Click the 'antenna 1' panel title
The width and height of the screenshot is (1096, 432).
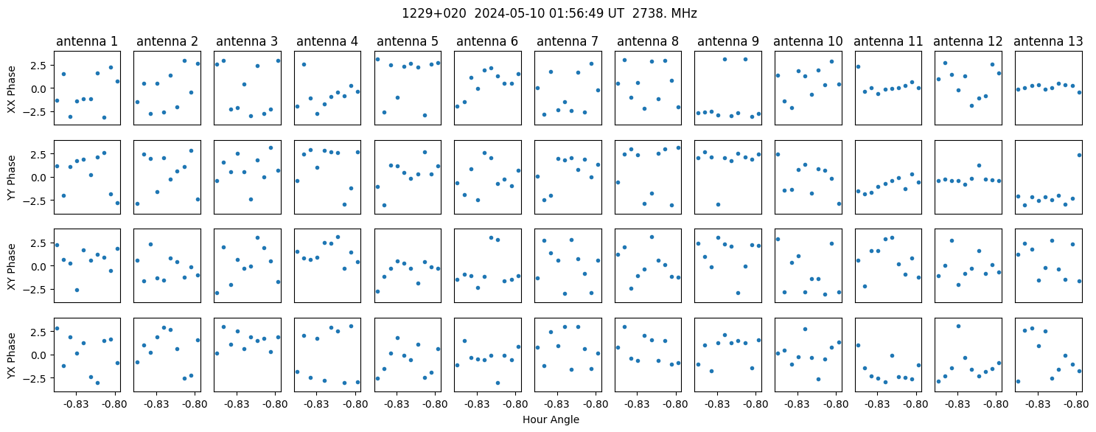86,41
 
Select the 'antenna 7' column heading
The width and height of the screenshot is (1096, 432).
568,41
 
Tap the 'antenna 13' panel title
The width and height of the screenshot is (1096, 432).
1048,41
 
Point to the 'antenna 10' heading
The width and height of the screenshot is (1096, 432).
808,41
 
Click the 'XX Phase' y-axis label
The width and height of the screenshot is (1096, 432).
12,89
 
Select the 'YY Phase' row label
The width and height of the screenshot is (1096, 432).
12,178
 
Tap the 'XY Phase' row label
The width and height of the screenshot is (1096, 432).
12,266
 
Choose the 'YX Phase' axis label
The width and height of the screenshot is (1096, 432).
12,355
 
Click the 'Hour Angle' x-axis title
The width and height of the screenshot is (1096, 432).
551,419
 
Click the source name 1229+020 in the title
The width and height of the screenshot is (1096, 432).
434,14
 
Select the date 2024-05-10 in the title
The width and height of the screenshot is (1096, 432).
509,14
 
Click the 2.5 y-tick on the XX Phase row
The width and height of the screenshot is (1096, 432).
41,65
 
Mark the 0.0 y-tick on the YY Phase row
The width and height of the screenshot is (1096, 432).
41,178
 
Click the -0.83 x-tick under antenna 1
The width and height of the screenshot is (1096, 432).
76,405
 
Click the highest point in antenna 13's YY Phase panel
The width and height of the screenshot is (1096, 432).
1079,155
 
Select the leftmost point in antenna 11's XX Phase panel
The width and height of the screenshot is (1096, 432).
858,66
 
